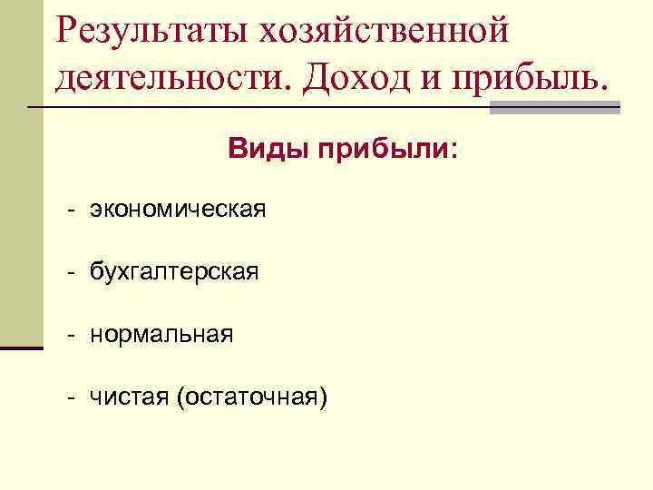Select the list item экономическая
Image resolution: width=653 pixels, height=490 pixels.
[x=178, y=211]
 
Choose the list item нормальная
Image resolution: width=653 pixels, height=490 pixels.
[x=161, y=335]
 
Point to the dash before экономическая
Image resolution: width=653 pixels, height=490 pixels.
[x=69, y=211]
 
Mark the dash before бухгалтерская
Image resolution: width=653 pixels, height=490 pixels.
[x=69, y=273]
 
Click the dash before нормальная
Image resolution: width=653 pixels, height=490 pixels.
[x=69, y=336]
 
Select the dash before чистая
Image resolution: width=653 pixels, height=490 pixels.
[x=69, y=397]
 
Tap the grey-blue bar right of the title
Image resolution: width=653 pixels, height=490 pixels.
[x=555, y=108]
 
